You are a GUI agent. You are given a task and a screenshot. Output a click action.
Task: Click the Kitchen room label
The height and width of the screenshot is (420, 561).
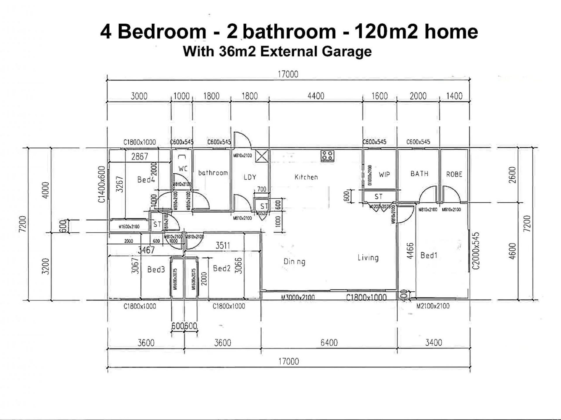coord(306,177)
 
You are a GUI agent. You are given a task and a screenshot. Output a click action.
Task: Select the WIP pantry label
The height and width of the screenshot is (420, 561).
coord(384,174)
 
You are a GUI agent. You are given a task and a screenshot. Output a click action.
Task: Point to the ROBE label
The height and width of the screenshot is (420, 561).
coord(454,174)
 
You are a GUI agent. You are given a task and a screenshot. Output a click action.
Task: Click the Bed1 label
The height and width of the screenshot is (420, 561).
coord(429,256)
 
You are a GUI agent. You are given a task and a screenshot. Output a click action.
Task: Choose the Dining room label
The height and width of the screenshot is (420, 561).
coord(294,262)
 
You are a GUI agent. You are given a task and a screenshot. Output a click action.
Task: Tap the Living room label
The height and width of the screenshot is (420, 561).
coord(368,258)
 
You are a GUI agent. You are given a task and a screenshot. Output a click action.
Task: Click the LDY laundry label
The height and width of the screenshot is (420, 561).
coord(250,177)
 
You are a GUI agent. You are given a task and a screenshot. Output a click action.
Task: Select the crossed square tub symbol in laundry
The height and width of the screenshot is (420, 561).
coord(262,156)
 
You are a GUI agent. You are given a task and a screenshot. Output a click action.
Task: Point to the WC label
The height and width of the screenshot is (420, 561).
coord(183,169)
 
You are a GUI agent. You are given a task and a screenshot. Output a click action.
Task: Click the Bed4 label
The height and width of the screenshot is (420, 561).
coord(146,180)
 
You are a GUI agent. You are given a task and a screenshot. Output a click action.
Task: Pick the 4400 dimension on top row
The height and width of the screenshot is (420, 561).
coord(316,96)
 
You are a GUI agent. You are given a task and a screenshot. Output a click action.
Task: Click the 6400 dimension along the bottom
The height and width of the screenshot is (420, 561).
coord(329,342)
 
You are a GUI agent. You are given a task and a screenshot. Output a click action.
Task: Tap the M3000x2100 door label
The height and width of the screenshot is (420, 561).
coord(298,297)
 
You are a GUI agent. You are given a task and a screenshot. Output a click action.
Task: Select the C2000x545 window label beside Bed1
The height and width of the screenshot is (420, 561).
coord(476,251)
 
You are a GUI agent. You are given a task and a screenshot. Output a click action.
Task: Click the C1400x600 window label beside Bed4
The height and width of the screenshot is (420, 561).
coord(101,184)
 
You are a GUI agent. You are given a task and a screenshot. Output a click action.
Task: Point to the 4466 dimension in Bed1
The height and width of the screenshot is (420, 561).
coord(410,251)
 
